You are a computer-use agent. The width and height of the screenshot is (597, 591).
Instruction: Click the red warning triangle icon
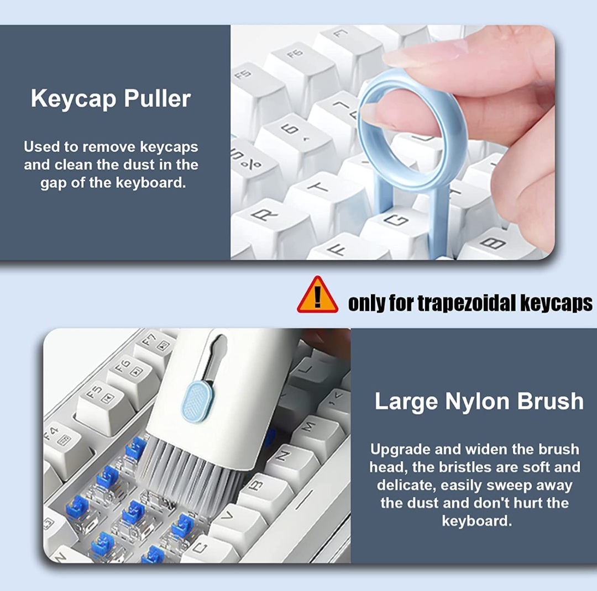pos(317,296)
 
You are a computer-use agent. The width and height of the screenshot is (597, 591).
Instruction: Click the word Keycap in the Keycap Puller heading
pos(74,99)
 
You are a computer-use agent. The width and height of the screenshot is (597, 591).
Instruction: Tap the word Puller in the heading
pos(157,98)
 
